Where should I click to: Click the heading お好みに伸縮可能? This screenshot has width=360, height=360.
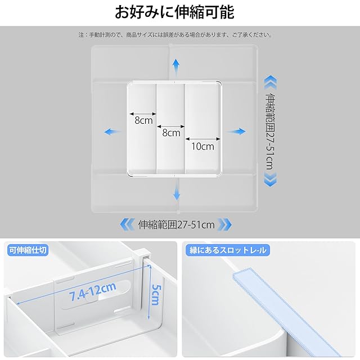click(x=174, y=12)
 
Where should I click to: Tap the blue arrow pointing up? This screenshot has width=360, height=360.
click(x=176, y=67)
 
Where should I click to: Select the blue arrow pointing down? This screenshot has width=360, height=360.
click(x=177, y=190)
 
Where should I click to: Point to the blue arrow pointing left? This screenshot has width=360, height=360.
click(x=112, y=132)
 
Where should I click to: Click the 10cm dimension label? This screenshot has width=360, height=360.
click(x=202, y=146)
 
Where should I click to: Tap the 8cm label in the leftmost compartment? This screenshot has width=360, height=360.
click(x=143, y=120)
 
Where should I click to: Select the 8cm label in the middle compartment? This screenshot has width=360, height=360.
click(x=171, y=133)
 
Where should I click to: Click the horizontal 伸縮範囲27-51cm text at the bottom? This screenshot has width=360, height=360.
click(x=176, y=225)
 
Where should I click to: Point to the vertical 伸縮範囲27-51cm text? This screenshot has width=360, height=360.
click(x=270, y=131)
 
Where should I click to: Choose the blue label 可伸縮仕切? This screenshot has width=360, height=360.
click(x=28, y=250)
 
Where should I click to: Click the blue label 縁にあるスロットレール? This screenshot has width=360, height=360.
click(x=227, y=250)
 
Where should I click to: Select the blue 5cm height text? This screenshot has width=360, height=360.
click(x=156, y=295)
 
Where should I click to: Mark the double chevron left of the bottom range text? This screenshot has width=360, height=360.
click(x=127, y=224)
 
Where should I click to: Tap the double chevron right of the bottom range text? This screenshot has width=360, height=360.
click(x=224, y=224)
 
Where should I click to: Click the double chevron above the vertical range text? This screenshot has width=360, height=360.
click(x=270, y=83)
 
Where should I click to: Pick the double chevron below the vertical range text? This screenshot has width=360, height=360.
click(x=271, y=179)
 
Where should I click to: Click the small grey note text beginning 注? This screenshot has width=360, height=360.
click(x=175, y=35)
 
